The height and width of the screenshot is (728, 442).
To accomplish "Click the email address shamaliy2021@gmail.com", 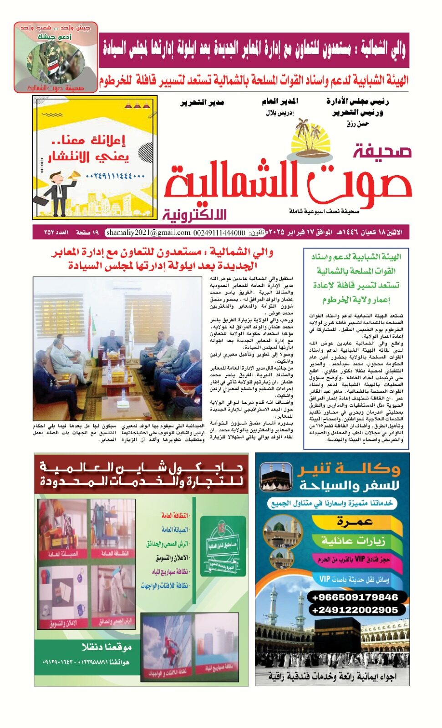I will pos(148,233).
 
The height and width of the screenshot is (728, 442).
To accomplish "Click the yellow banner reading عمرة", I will pos(355,522).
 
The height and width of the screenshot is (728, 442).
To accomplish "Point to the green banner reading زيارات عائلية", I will pos(353,541).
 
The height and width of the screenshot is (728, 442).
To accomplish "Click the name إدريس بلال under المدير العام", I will pos(279,112).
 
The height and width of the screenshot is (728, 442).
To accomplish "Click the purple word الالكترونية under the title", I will pos(194,214).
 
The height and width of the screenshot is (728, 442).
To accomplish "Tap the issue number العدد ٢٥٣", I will pos(56,233).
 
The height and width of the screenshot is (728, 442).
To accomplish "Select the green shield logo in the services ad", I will pos(223,547).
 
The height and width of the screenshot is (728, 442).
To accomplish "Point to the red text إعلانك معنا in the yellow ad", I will pos(89,140).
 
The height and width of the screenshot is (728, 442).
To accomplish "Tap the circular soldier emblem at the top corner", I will pos(49,62).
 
